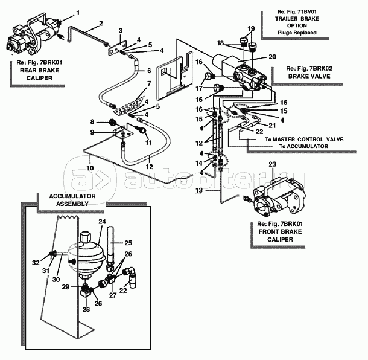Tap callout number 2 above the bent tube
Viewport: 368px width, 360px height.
coord(101,23)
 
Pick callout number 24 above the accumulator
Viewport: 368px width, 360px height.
coord(101,222)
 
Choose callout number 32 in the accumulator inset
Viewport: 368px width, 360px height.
coord(36,262)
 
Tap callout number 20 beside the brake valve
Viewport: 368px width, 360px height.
coord(272,56)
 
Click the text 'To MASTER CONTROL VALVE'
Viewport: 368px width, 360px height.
coord(304,139)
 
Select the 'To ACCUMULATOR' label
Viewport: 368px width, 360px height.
coord(304,146)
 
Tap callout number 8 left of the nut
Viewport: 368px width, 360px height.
coord(92,122)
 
